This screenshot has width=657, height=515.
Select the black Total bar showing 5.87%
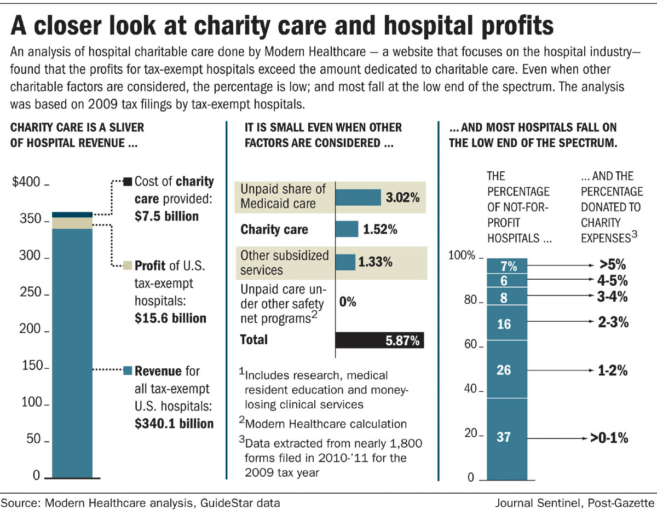click(x=379, y=340)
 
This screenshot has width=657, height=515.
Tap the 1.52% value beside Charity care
click(x=379, y=229)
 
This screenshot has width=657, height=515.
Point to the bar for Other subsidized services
click(x=345, y=262)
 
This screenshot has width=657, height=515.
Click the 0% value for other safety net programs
click(x=348, y=302)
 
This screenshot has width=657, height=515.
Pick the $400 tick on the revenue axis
click(x=26, y=182)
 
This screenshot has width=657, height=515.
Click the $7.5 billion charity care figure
click(x=166, y=216)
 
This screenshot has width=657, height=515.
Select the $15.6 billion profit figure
click(x=170, y=318)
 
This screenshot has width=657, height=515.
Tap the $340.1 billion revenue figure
click(x=174, y=423)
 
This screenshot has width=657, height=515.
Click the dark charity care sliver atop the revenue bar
click(x=72, y=214)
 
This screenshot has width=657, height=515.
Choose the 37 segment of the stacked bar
click(x=507, y=437)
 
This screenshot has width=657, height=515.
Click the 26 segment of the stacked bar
click(x=507, y=370)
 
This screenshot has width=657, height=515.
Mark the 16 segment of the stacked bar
click(x=507, y=324)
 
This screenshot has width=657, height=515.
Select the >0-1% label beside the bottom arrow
click(x=608, y=438)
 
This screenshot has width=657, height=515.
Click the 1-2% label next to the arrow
click(x=613, y=371)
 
